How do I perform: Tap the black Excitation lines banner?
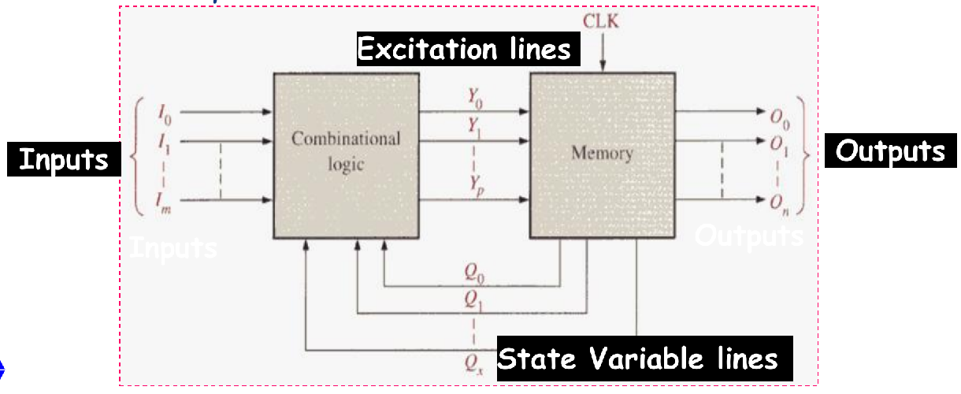coord(465,50)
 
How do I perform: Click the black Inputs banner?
coord(63,159)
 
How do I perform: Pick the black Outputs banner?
coord(890,151)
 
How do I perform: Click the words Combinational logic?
coord(346,151)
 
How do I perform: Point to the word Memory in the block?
coord(602,153)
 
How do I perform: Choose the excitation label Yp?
coord(473,189)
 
